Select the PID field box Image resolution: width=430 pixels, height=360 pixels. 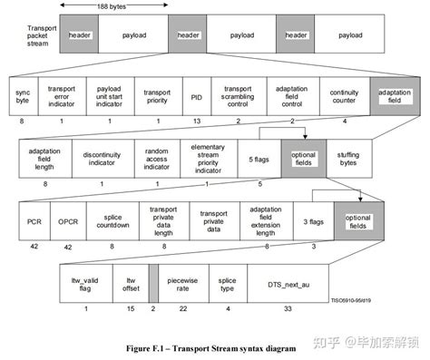tap(196, 97)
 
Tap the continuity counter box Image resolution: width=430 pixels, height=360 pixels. tap(343, 97)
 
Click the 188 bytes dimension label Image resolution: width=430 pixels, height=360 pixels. tap(113, 6)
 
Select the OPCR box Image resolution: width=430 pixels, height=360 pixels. tap(67, 220)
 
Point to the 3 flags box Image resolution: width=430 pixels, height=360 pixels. tap(307, 220)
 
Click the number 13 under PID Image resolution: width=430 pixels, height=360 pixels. tap(196, 121)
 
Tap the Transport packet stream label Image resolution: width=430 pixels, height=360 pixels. tap(41, 35)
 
